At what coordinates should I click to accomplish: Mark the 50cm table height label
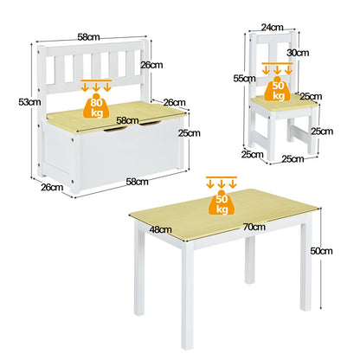[x=321, y=250]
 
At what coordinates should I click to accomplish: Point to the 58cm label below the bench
[x=137, y=181]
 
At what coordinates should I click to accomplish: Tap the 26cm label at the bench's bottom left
[x=51, y=186]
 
